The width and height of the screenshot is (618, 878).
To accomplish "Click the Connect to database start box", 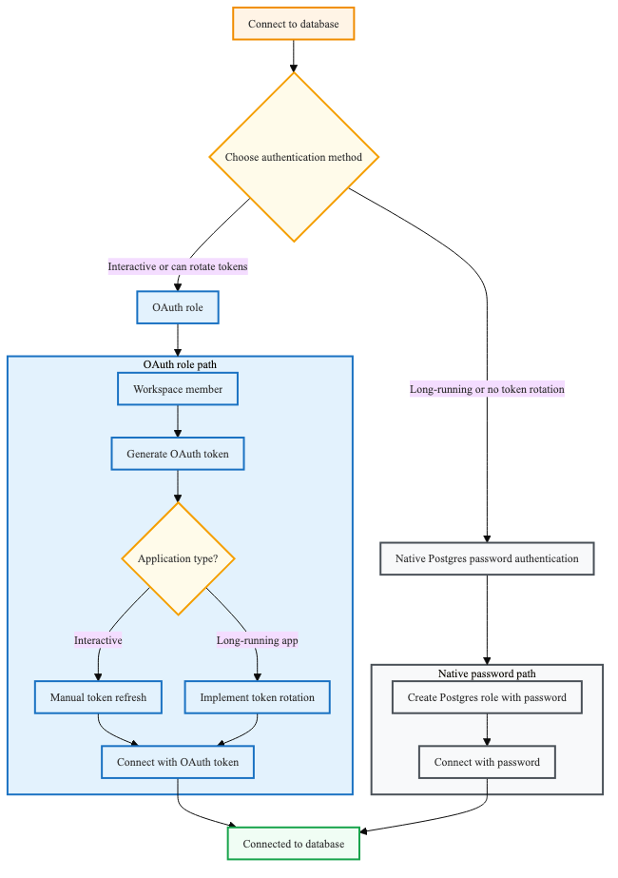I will pos(293,24).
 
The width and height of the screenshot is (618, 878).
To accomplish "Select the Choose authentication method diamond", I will pos(293,157).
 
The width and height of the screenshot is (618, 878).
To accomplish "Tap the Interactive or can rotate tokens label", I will pos(178,267).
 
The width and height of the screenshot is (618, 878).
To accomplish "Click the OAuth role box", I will pos(178,308).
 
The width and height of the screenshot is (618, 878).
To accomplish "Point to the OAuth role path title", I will pos(180,364).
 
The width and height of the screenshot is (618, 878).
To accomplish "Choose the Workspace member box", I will pos(178,389).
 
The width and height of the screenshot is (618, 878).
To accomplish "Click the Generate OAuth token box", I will pos(178,454).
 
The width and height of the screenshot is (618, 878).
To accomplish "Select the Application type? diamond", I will pos(178,558).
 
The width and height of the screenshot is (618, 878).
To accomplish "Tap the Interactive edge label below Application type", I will pos(98,640).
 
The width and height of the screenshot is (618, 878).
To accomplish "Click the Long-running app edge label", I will pos(257,640).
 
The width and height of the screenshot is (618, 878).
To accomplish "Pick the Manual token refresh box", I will pos(98,697).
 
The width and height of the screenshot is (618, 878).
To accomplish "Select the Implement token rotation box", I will pos(257,697).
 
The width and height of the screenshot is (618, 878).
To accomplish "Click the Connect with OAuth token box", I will pos(178,762).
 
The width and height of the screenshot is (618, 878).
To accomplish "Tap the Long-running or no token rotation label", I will pos(487,389).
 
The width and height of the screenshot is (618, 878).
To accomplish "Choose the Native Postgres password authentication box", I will pos(487,558).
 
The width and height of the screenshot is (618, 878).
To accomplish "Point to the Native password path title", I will pos(487,673).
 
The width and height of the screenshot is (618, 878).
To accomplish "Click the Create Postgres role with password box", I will pos(487,697).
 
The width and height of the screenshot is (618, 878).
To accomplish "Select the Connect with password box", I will pos(487,762).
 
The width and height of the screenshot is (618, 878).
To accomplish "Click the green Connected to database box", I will pos(293,844).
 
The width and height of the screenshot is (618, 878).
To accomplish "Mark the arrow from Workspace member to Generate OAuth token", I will pos(178,421).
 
